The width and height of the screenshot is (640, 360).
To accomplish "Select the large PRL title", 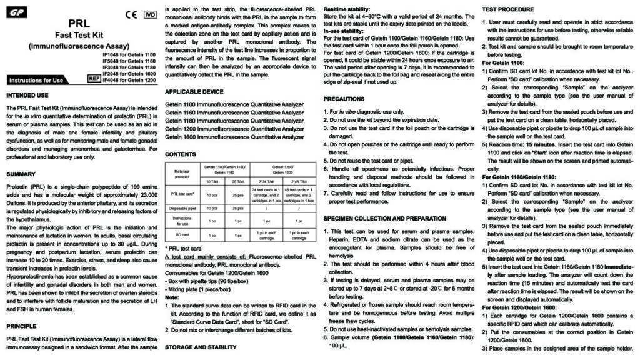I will [79, 23].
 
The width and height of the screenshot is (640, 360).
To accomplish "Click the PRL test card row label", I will [181, 193].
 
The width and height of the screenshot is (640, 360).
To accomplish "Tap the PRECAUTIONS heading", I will [344, 99].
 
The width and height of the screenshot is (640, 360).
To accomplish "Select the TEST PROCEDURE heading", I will [509, 9].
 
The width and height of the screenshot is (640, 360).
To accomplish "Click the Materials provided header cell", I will [181, 173].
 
